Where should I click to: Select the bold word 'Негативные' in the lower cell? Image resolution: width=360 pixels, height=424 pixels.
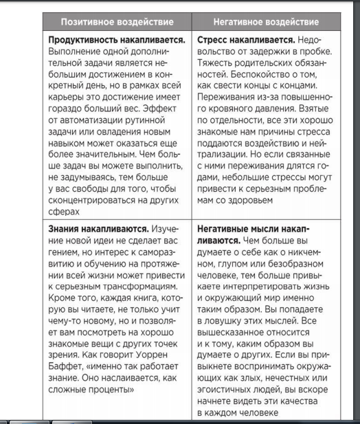pyautogui.click(x=229, y=225)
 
